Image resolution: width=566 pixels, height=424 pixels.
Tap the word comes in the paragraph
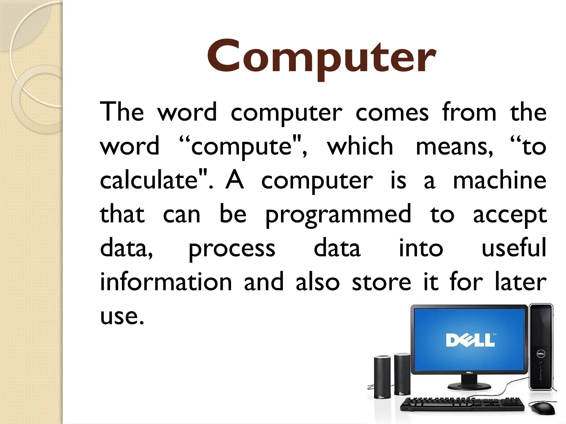[392, 113]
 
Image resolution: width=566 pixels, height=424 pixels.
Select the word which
[360, 146]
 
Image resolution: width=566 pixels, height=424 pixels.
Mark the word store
[381, 282]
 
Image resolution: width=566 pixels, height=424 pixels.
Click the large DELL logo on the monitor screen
[470, 340]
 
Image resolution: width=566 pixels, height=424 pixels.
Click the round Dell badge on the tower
[541, 354]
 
